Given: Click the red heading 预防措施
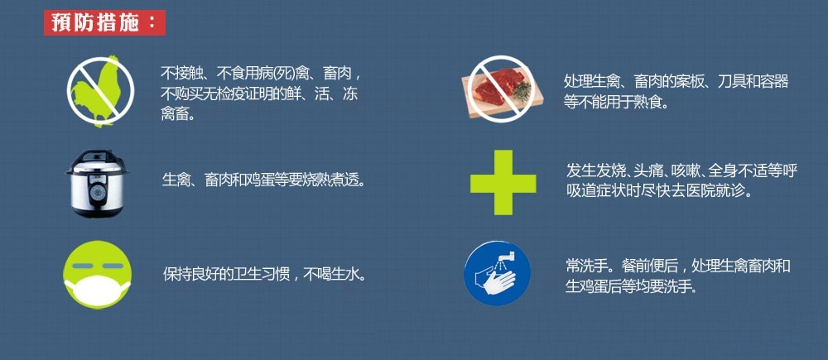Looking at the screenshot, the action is tap(104, 23).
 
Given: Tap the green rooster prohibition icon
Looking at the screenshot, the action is tap(100, 90).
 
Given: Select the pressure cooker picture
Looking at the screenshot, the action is tap(97, 183).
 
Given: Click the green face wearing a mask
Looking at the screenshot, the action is tap(97, 275).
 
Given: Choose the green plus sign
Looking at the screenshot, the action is tap(503, 183).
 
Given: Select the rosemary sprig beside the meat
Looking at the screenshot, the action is tap(521, 89).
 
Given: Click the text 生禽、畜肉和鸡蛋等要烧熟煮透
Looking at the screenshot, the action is tap(263, 181).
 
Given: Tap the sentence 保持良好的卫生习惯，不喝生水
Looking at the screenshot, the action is tap(264, 275).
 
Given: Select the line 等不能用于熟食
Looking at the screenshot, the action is tap(616, 101).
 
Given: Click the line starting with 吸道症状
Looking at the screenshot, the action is tap(658, 190).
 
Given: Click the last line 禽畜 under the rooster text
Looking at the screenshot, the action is tap(177, 114).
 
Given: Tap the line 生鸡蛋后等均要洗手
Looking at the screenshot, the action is tap(632, 286).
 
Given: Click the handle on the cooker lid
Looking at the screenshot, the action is tap(97, 153).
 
